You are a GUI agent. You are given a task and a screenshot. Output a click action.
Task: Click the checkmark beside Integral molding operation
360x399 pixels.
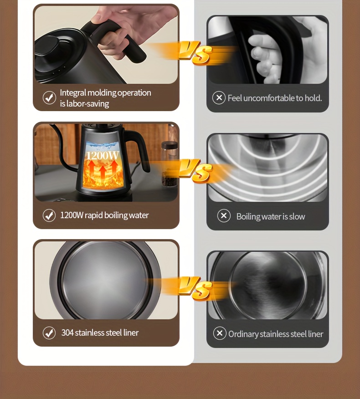(49, 98)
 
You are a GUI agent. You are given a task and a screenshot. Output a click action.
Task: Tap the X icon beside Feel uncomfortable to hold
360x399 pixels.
(219, 98)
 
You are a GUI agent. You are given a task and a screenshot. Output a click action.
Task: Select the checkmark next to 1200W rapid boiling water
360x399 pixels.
(49, 215)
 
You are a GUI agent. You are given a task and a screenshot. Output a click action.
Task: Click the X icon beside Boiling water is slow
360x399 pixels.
(224, 216)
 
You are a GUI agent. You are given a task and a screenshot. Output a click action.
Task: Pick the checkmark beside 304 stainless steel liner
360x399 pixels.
(49, 333)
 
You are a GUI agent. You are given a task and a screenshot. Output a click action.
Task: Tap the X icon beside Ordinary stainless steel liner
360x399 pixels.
(220, 333)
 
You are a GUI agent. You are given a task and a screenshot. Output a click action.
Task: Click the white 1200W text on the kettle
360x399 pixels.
(103, 156)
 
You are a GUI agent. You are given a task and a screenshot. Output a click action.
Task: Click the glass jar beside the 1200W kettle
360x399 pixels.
(170, 164)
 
